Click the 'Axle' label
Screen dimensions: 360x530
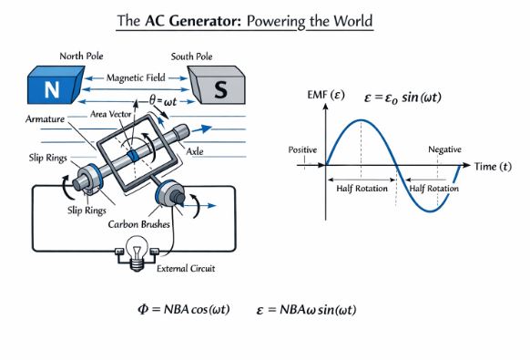pyautogui.click(x=221, y=149)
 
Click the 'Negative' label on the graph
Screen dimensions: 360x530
pyautogui.click(x=445, y=149)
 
